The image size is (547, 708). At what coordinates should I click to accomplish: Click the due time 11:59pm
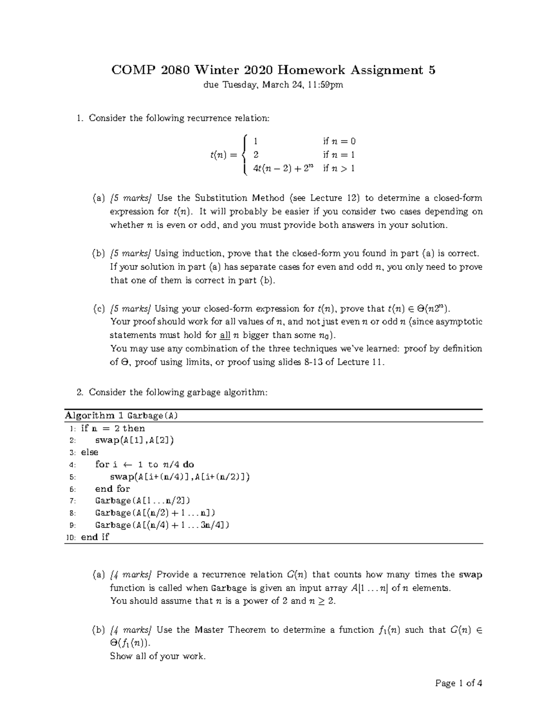click(324, 85)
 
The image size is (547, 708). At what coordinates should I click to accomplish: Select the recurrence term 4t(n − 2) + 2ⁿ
click(284, 169)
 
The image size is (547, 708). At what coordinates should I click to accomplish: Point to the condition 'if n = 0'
click(339, 141)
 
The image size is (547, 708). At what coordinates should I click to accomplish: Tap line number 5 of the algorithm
click(72, 477)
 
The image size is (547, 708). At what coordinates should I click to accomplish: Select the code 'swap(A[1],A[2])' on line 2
click(134, 440)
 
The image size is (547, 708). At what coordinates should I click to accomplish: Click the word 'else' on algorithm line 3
click(89, 452)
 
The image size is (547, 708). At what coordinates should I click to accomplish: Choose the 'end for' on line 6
click(113, 489)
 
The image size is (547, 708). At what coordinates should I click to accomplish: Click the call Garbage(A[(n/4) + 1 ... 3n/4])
click(162, 525)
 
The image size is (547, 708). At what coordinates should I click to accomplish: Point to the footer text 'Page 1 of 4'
click(459, 683)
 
